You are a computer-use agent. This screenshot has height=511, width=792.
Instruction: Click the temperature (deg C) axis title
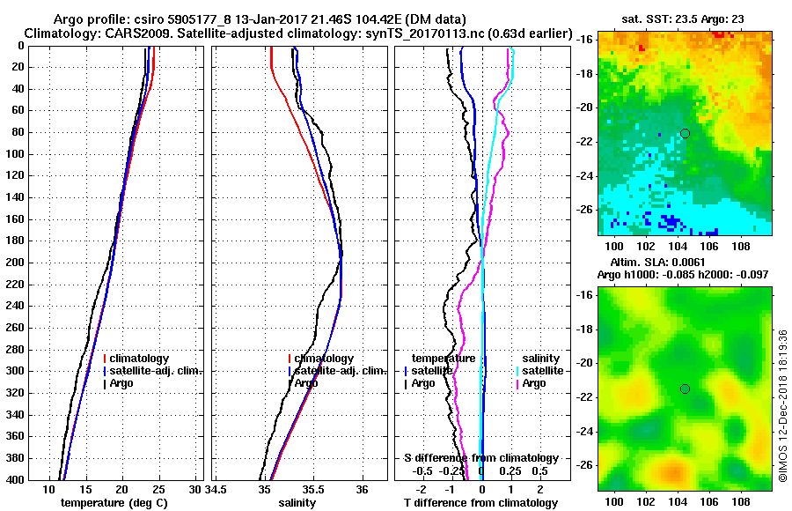pyautogui.click(x=114, y=503)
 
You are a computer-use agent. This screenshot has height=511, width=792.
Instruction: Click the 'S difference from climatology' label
pyautogui.click(x=480, y=458)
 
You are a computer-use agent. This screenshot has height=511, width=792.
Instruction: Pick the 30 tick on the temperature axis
pyautogui.click(x=195, y=489)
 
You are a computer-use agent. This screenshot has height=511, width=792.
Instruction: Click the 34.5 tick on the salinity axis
pyautogui.click(x=217, y=489)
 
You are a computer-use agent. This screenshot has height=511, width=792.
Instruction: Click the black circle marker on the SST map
pyautogui.click(x=685, y=133)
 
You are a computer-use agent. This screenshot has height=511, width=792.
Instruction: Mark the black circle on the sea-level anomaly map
pyautogui.click(x=685, y=389)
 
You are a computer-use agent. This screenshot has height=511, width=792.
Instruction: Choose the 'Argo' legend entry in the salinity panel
pyautogui.click(x=306, y=383)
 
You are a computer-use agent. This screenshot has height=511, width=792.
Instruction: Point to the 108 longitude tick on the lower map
pyautogui.click(x=741, y=499)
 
